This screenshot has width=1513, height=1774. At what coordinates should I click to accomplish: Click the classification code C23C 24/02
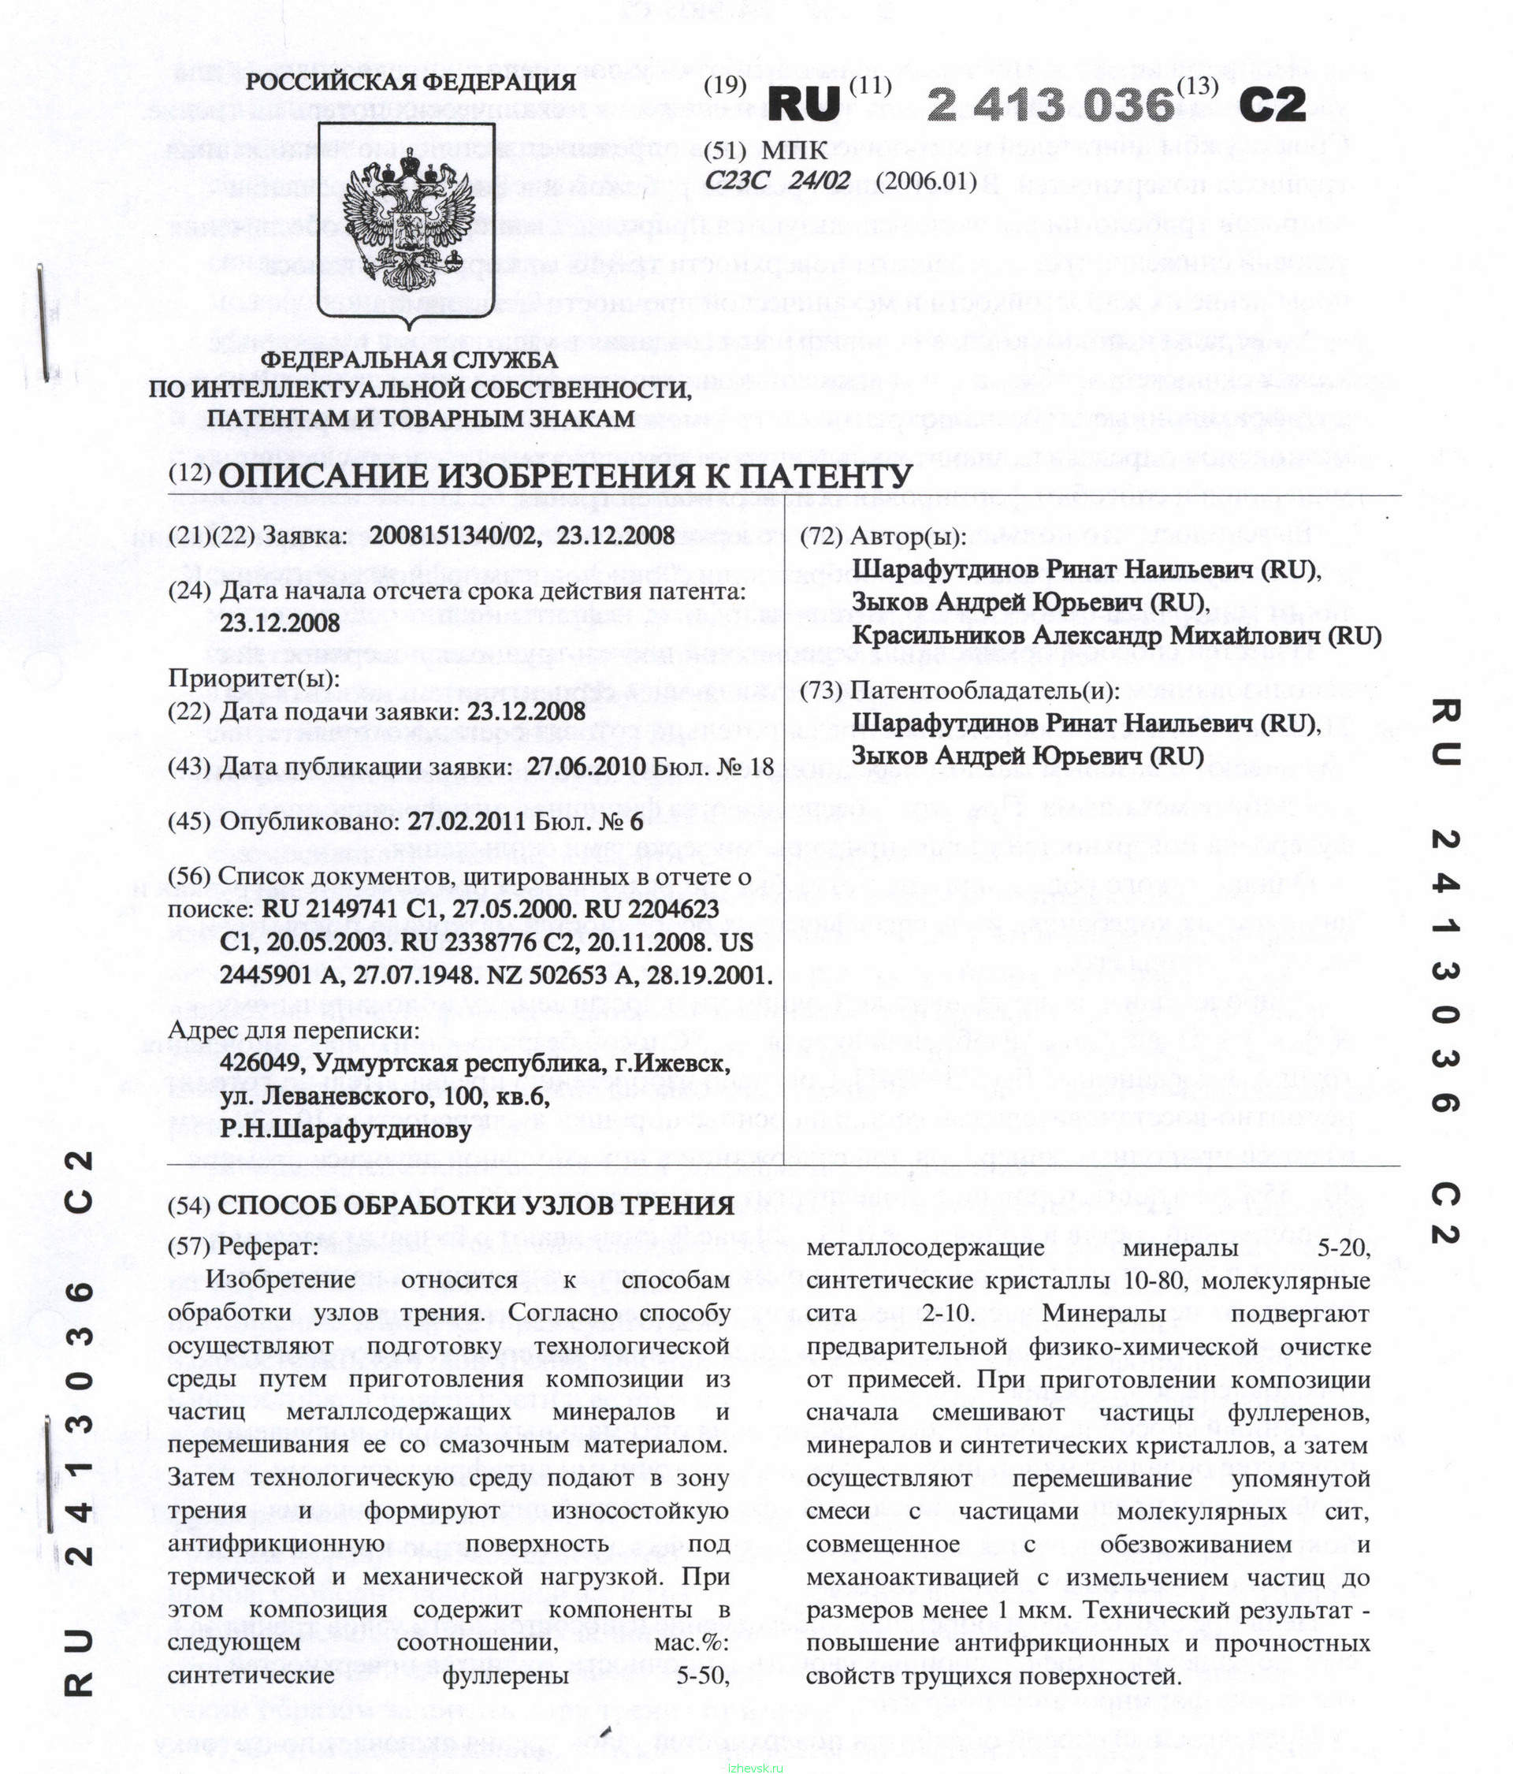(778, 180)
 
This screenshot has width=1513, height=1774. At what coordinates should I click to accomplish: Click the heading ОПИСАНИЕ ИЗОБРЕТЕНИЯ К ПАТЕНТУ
(565, 476)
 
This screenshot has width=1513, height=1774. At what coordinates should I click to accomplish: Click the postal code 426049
(261, 1063)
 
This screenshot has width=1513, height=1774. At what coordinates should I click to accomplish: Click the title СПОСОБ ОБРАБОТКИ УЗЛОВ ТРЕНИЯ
(476, 1206)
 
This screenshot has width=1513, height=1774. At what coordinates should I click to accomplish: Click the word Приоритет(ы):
(254, 678)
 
